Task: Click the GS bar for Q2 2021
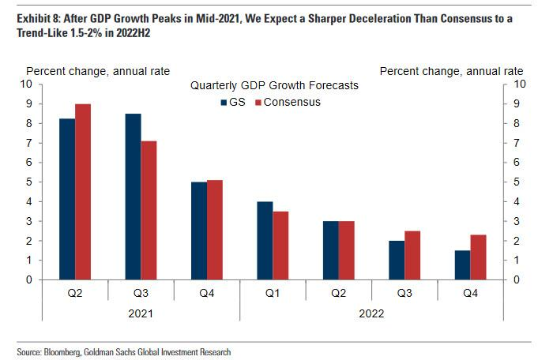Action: [67, 199]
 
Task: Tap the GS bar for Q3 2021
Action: [134, 197]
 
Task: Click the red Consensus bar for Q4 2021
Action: [213, 230]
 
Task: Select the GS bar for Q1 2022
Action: [265, 241]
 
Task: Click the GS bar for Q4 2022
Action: [462, 265]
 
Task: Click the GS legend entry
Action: [231, 102]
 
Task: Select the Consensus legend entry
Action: [287, 102]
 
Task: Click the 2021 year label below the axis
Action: [141, 313]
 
